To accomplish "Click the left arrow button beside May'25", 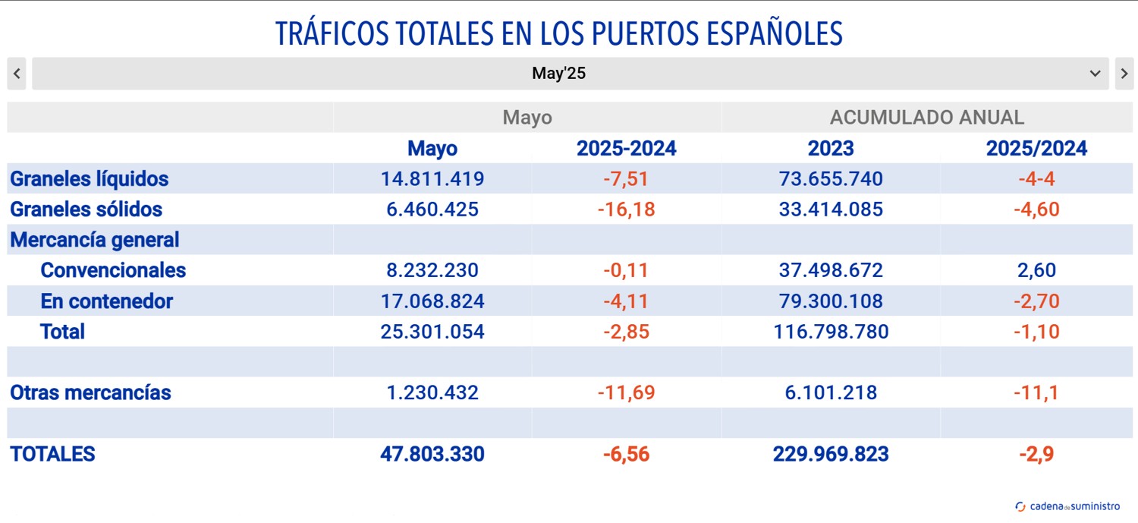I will coord(17,74).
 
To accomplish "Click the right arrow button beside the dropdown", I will coord(1124,74).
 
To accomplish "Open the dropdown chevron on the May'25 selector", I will coord(1095,74).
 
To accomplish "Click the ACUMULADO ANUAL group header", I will coord(926,118).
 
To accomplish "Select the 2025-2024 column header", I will coord(626,148).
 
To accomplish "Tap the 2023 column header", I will coord(831,148).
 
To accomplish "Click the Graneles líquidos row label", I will coord(89,179).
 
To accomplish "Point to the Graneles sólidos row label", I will coord(86,210).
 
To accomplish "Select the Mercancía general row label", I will coord(94,240).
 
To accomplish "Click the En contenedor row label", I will coord(106,301).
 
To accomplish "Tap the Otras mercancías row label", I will coord(90,392).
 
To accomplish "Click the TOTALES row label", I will coord(52,454).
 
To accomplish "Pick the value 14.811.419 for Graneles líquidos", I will coord(432,179).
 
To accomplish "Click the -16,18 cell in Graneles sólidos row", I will coord(626,210).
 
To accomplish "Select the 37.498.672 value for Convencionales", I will coord(831,270).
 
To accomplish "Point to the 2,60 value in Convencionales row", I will coord(1036,270).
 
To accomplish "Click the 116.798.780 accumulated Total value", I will coord(831,332).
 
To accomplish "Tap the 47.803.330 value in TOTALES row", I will coord(432,454).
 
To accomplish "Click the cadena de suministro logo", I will coord(1067,506).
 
